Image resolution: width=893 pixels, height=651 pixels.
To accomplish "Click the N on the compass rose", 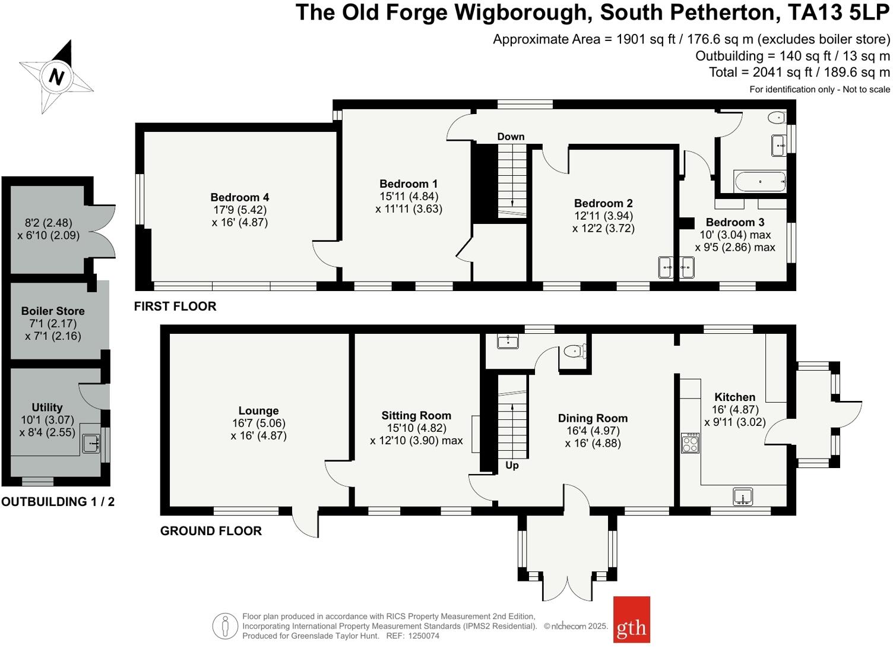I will (56, 77).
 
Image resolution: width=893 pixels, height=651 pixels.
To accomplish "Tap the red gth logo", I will (631, 620).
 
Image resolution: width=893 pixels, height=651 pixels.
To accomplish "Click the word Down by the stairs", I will (511, 137).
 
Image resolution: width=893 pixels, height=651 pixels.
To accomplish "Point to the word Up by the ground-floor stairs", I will (512, 465).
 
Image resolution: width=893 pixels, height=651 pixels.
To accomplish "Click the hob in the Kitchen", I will (690, 443).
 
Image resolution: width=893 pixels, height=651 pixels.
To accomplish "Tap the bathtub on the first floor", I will (761, 182).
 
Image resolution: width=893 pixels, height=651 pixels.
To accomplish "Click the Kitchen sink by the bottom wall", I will (743, 496).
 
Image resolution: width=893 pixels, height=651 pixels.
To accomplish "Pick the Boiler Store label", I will (53, 311).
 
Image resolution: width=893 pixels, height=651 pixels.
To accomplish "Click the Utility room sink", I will (91, 443).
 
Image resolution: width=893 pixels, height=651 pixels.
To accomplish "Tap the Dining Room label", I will (593, 418).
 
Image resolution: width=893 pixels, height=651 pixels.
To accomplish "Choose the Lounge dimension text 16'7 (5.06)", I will (258, 423).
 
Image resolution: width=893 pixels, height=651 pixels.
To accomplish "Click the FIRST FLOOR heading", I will (175, 306).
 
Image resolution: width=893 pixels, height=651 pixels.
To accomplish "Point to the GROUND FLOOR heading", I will (211, 531).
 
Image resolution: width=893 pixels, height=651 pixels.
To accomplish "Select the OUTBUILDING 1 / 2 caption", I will (58, 501).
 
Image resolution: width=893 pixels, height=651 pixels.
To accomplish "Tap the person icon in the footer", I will (225, 626).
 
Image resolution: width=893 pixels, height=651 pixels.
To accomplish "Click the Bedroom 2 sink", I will (666, 267).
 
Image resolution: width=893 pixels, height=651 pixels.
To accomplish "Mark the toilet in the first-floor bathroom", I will (776, 118).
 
